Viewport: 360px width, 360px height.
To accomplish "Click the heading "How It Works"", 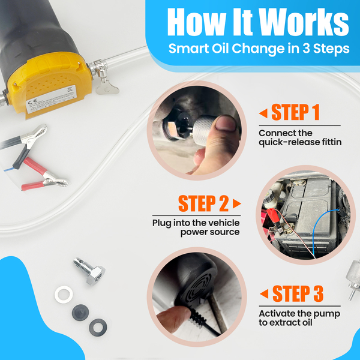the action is [x=258, y=22].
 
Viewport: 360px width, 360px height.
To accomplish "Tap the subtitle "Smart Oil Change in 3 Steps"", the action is [x=259, y=49].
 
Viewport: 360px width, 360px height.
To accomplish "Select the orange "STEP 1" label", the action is [x=295, y=112].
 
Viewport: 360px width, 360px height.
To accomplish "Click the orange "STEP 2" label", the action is [x=203, y=203].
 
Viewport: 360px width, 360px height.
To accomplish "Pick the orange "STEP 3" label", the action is [x=298, y=293].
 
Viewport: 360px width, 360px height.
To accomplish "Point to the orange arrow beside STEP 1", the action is [x=263, y=113].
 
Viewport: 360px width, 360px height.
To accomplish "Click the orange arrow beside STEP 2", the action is [x=237, y=203].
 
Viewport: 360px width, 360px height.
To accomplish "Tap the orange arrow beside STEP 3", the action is [x=264, y=294].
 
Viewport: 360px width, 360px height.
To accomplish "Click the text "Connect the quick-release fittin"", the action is [x=300, y=138].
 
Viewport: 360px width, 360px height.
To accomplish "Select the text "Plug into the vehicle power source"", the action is [x=196, y=227].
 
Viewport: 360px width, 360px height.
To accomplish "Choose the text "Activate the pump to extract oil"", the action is [x=299, y=318].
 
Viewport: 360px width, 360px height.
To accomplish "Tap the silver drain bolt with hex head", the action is [x=89, y=271].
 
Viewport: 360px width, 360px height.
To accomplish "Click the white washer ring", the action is [x=64, y=295].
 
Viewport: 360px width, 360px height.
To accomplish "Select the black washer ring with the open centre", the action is [x=98, y=328].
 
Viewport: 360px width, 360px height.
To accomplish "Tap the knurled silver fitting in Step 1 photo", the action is [x=203, y=130].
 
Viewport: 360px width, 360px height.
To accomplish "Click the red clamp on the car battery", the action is [x=272, y=215].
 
